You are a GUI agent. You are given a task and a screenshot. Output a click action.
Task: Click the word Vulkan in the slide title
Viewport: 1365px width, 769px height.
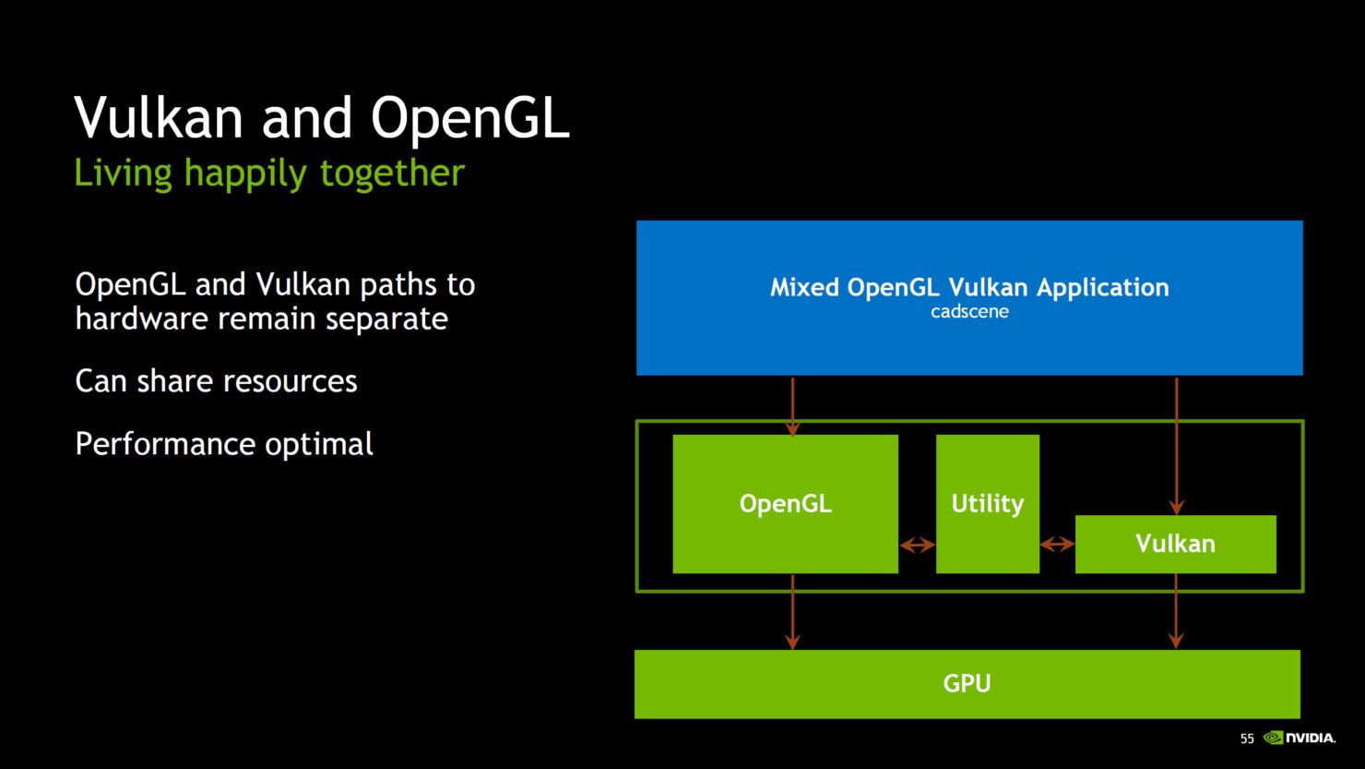(x=159, y=119)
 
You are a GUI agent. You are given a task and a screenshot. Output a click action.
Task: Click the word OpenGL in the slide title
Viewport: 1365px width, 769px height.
(x=469, y=119)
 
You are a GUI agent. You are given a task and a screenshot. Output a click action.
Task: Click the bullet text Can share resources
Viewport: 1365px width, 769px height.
(x=216, y=381)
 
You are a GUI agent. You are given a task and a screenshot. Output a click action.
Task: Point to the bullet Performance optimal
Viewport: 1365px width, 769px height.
(x=224, y=444)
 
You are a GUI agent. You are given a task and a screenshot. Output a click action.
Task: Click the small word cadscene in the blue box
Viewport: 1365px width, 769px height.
(x=969, y=312)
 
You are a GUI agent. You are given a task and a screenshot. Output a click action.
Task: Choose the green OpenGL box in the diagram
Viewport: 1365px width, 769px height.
(x=785, y=504)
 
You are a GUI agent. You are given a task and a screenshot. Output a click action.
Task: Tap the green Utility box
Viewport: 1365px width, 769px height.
(x=987, y=504)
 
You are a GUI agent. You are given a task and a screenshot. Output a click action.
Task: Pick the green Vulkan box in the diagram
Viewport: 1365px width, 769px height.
(x=1175, y=544)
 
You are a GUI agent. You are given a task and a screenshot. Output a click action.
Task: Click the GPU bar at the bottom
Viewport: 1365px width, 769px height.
(x=967, y=684)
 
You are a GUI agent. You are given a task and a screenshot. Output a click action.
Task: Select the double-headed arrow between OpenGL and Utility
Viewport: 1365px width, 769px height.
(x=917, y=546)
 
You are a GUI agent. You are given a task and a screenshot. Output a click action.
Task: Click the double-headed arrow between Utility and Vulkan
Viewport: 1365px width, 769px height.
(x=1057, y=545)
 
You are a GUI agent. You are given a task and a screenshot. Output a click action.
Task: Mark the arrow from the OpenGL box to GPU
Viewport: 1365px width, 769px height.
(x=792, y=612)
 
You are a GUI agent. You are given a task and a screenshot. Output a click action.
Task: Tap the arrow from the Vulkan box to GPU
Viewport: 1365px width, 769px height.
(x=1175, y=612)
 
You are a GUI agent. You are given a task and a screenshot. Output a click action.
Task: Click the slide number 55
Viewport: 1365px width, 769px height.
(x=1247, y=739)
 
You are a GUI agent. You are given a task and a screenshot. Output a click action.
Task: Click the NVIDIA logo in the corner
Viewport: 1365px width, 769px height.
(x=1300, y=738)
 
